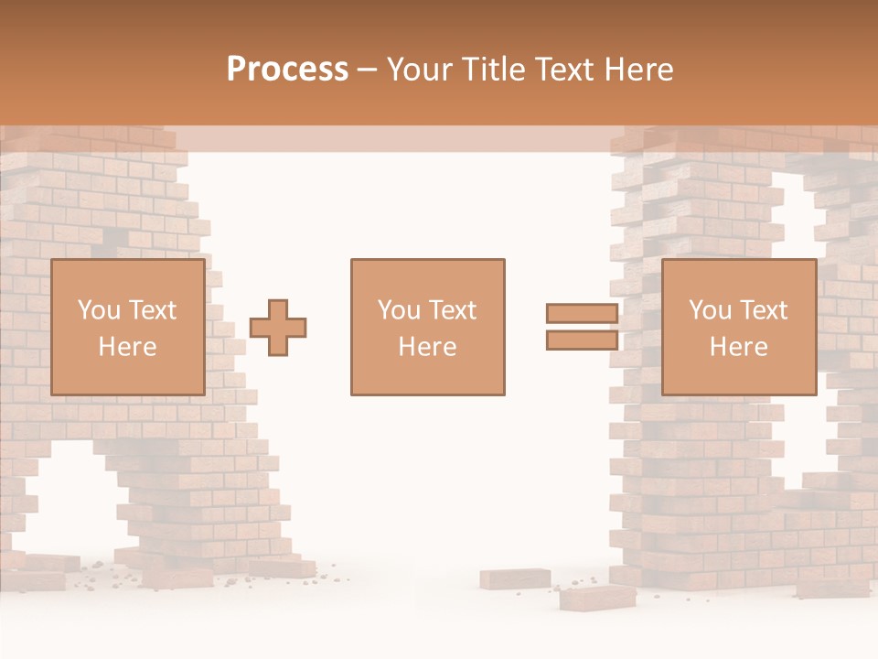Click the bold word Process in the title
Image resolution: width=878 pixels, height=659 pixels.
point(287,70)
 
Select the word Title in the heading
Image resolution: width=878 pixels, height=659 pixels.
point(495,70)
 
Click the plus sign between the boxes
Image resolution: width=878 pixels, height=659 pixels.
point(278,327)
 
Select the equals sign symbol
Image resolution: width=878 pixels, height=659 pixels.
point(582,327)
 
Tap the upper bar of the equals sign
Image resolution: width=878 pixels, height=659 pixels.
point(582,313)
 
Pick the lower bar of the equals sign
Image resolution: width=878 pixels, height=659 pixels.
point(582,340)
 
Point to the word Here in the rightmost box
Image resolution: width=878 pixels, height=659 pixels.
point(738,347)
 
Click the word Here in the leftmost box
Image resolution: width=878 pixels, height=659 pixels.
point(127,347)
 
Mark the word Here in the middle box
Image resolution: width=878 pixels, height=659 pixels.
point(427,347)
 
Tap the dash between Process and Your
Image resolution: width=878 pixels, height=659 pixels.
point(368,70)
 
